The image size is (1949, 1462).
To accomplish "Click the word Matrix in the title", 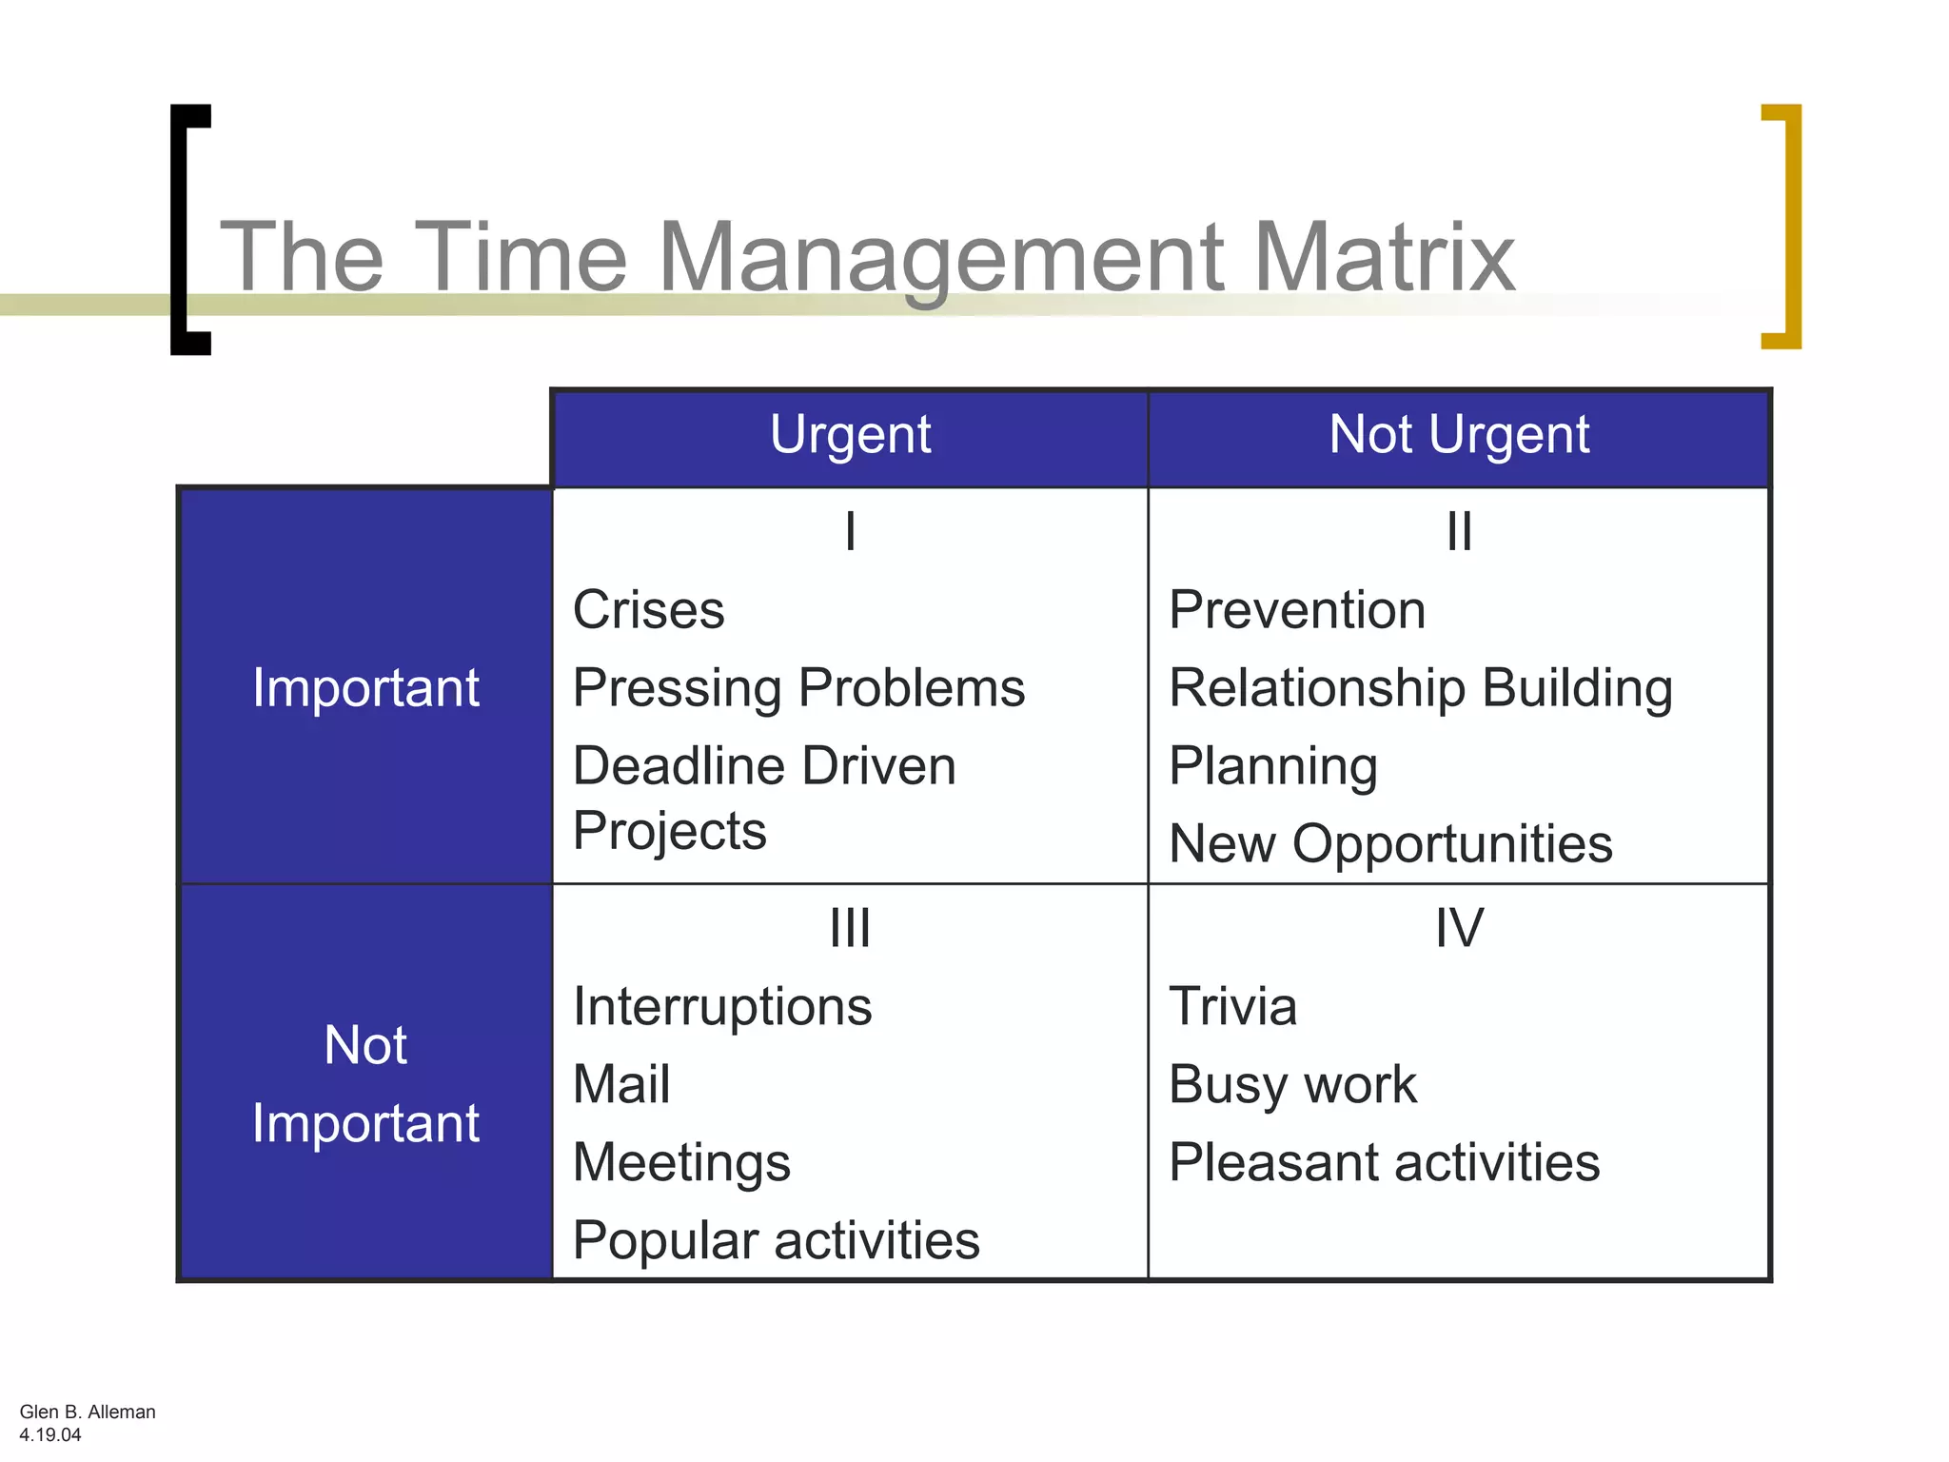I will [x=1384, y=257].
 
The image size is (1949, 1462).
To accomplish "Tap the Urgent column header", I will [x=850, y=435].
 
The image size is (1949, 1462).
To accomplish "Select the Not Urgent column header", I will [x=1458, y=435].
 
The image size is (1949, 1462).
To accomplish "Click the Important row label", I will [x=365, y=687].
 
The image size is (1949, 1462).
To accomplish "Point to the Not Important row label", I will [x=365, y=1084].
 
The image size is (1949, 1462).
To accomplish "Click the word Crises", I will [x=648, y=609].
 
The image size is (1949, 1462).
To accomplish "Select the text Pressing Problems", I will [x=798, y=687].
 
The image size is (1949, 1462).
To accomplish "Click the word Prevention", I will [x=1297, y=609].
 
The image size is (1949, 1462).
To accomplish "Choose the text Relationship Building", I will [x=1420, y=687].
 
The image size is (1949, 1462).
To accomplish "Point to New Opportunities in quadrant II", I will [x=1390, y=843].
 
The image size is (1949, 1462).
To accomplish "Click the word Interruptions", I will [x=722, y=1006].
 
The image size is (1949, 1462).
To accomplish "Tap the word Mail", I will [x=621, y=1084].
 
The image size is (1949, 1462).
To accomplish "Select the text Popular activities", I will [x=776, y=1240].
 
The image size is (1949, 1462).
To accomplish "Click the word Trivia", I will [x=1232, y=1006].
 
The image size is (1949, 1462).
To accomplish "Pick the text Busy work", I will [x=1292, y=1084].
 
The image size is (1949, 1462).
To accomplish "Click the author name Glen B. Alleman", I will [x=88, y=1412].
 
